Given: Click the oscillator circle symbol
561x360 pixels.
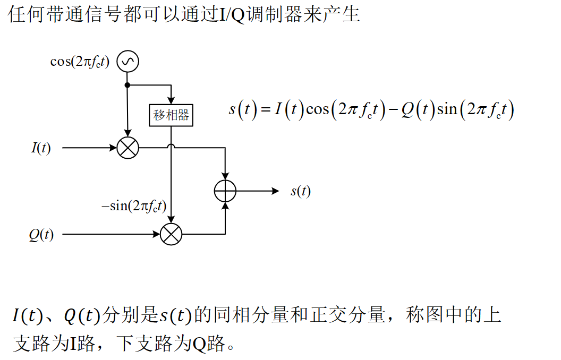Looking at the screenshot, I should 127,62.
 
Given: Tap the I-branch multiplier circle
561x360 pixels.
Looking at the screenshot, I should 127,148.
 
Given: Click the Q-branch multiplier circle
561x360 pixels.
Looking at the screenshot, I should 171,234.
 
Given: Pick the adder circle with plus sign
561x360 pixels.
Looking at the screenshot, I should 225,191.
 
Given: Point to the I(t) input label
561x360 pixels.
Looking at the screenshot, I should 41,148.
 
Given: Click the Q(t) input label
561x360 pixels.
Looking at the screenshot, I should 41,234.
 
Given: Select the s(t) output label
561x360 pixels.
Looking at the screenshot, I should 300,191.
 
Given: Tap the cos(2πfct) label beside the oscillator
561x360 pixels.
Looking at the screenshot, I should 80,62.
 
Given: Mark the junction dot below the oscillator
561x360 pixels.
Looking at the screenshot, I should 127,85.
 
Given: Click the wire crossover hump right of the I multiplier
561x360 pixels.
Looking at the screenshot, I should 171,146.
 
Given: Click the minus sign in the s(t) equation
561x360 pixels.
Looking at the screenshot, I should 393,110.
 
